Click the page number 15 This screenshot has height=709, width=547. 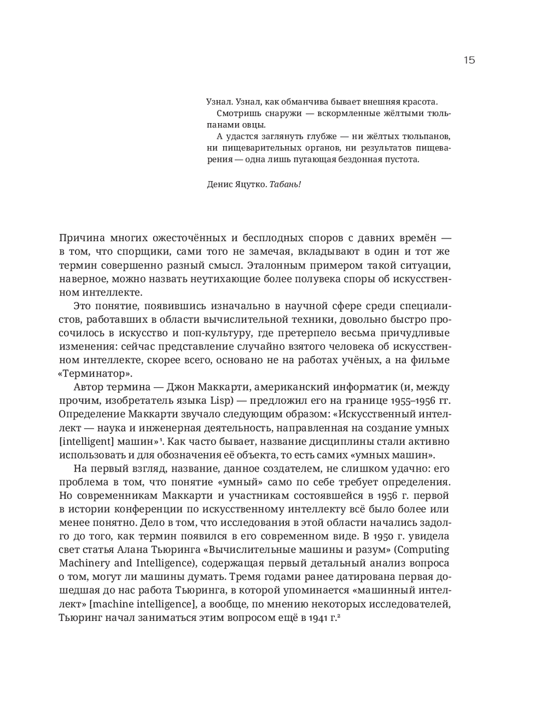[469, 60]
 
